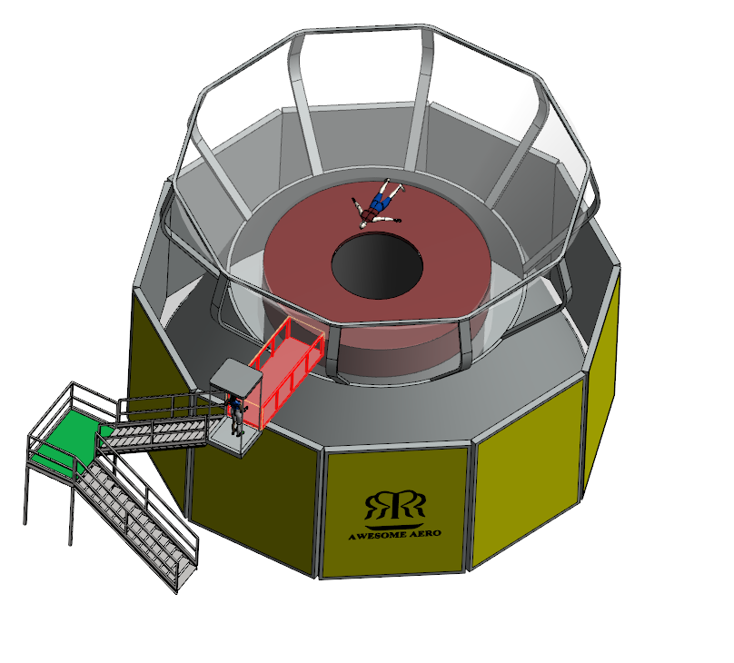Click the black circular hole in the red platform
click(x=377, y=266)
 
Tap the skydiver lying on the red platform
click(x=378, y=204)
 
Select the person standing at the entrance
click(x=236, y=414)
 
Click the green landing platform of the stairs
click(x=70, y=444)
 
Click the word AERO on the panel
click(x=425, y=533)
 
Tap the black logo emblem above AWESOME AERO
click(x=394, y=505)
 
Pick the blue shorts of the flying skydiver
click(x=381, y=203)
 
